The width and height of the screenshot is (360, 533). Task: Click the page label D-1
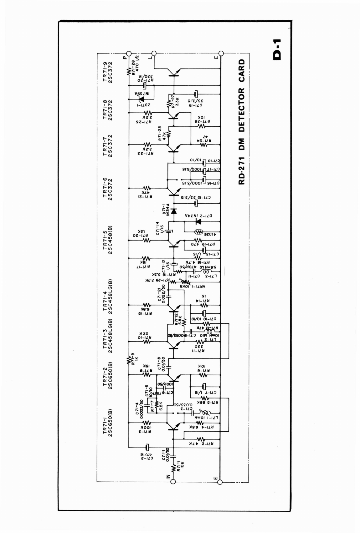(x=277, y=49)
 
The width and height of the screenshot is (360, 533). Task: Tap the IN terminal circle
(x=172, y=482)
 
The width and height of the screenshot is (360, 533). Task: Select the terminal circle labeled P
(x=128, y=53)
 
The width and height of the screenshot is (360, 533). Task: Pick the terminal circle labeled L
(x=153, y=53)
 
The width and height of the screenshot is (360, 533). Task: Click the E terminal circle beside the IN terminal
(x=220, y=482)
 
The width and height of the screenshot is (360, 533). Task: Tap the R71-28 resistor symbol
(x=129, y=71)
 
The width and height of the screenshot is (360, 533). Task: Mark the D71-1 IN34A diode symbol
(x=174, y=211)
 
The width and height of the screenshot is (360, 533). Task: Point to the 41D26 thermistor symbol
(x=199, y=232)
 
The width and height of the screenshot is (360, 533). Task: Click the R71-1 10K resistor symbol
(x=173, y=468)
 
